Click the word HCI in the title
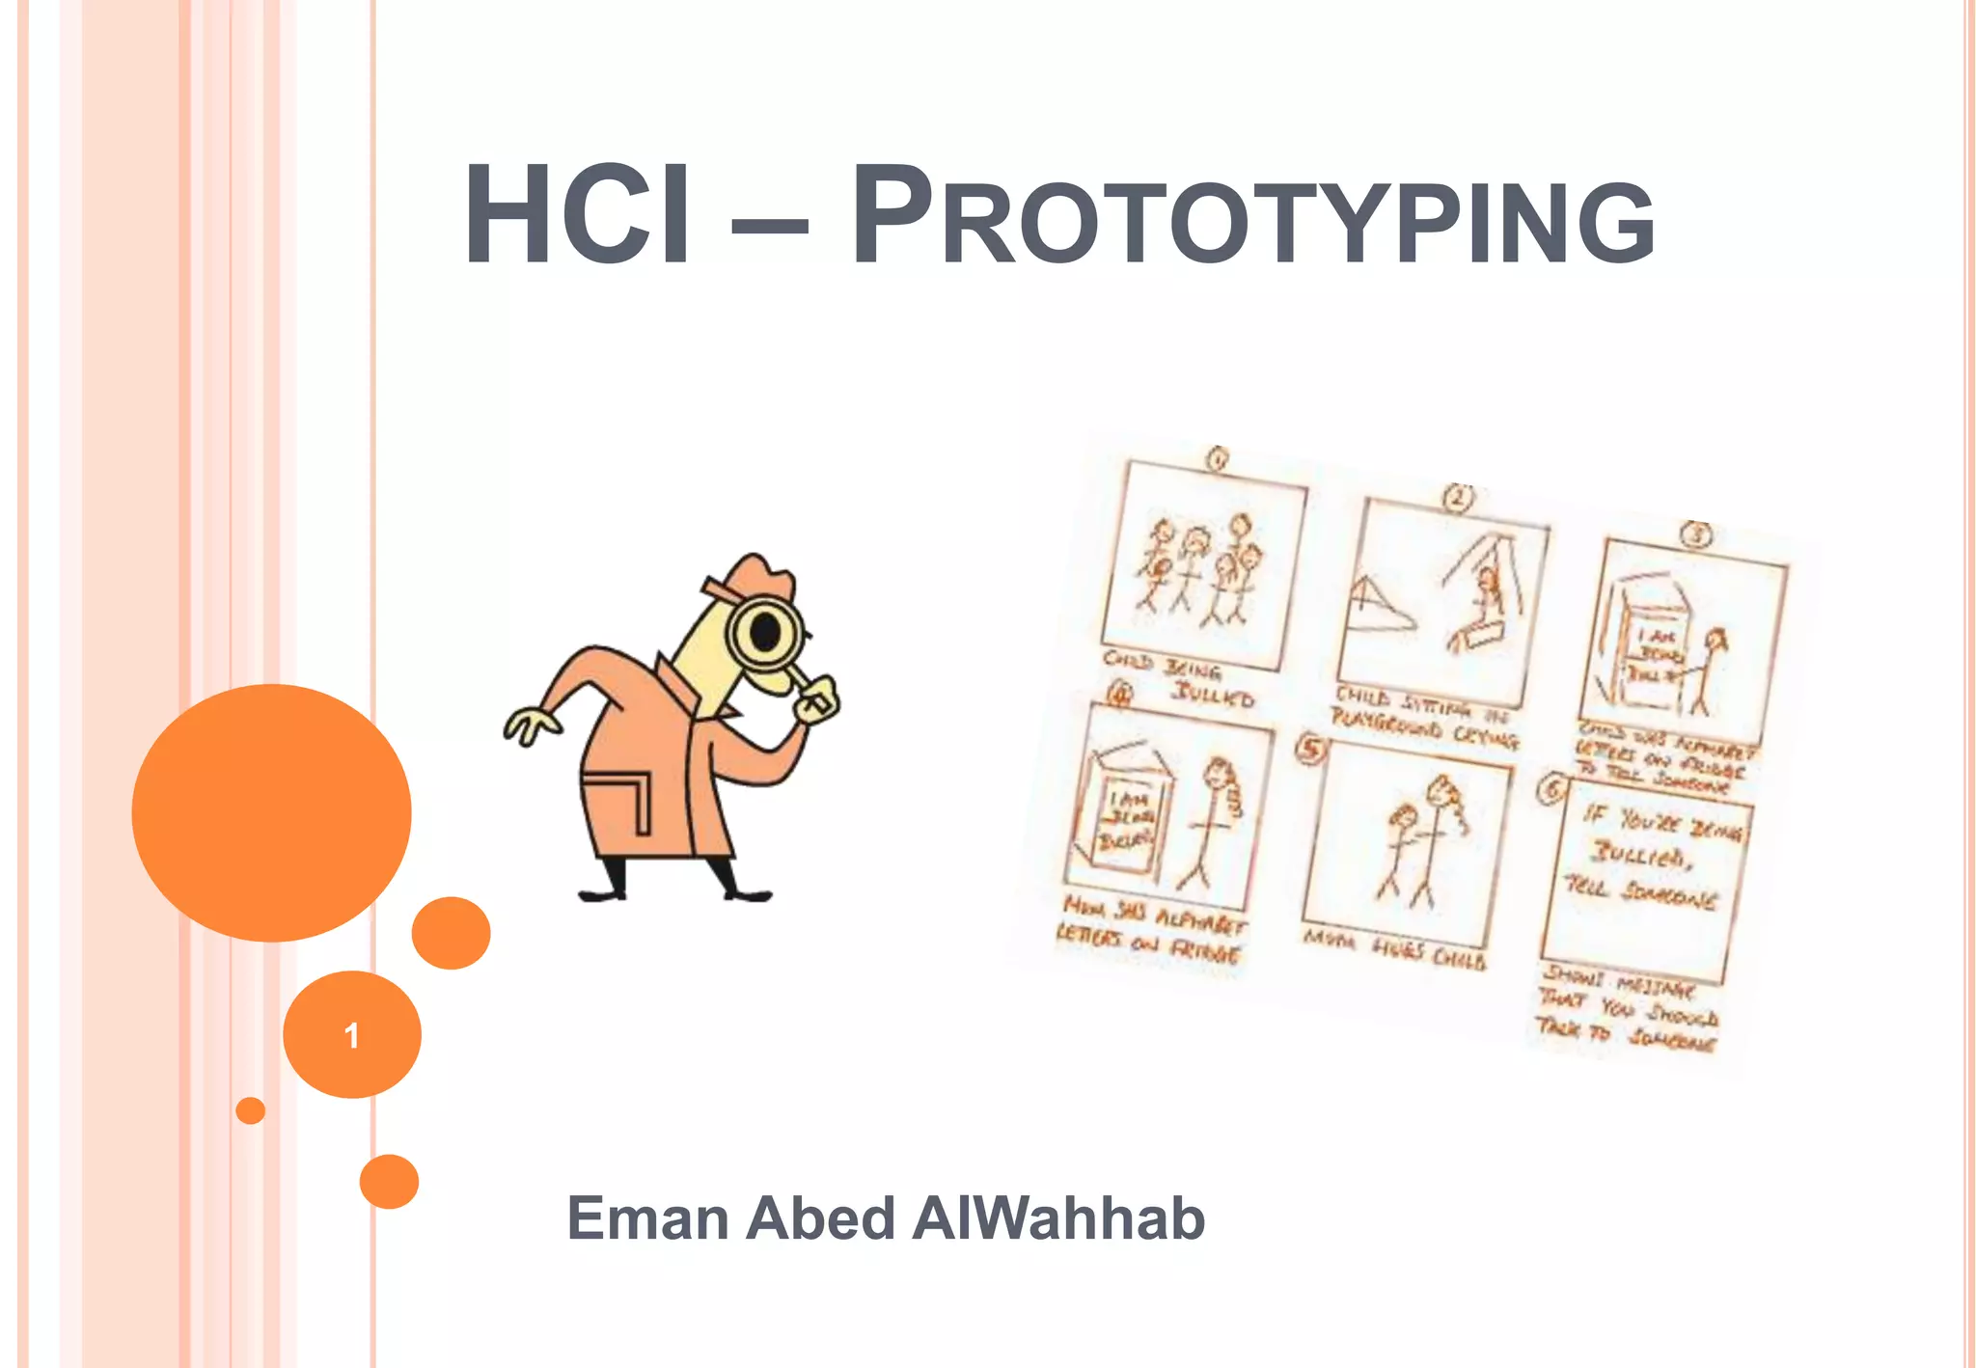click(577, 215)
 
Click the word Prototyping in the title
click(1252, 217)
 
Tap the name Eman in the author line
click(647, 1218)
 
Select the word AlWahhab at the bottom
click(1058, 1218)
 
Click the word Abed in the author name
click(821, 1218)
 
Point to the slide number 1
click(352, 1035)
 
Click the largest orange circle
click(271, 812)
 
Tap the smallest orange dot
click(250, 1110)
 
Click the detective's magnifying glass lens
click(766, 633)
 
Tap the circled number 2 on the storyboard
click(1458, 498)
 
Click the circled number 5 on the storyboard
click(1310, 748)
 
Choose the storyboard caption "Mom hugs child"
click(1395, 949)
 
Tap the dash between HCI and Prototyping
click(769, 229)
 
